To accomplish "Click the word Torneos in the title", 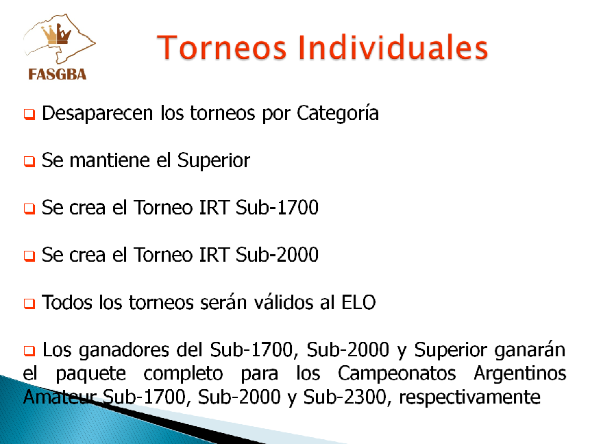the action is click(221, 47).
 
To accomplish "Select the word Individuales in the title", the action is click(393, 47).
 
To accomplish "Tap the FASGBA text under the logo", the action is click(57, 74).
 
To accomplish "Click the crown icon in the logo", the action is click(56, 34).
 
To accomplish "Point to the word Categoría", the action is click(338, 113).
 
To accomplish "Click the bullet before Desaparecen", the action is click(29, 114).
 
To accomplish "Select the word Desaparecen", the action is click(97, 114).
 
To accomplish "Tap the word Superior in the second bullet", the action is click(213, 160).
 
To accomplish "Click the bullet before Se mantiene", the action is click(29, 161).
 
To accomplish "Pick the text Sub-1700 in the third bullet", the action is click(277, 208).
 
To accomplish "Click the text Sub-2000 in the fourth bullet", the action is click(277, 255).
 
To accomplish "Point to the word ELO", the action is click(358, 302).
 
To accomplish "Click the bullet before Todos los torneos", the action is click(29, 304).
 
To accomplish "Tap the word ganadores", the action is click(124, 350).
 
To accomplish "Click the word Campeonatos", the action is click(397, 374).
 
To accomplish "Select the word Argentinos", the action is click(519, 373).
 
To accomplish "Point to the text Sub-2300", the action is click(345, 397).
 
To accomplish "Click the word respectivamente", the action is click(469, 397).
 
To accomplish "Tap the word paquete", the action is click(90, 374).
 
